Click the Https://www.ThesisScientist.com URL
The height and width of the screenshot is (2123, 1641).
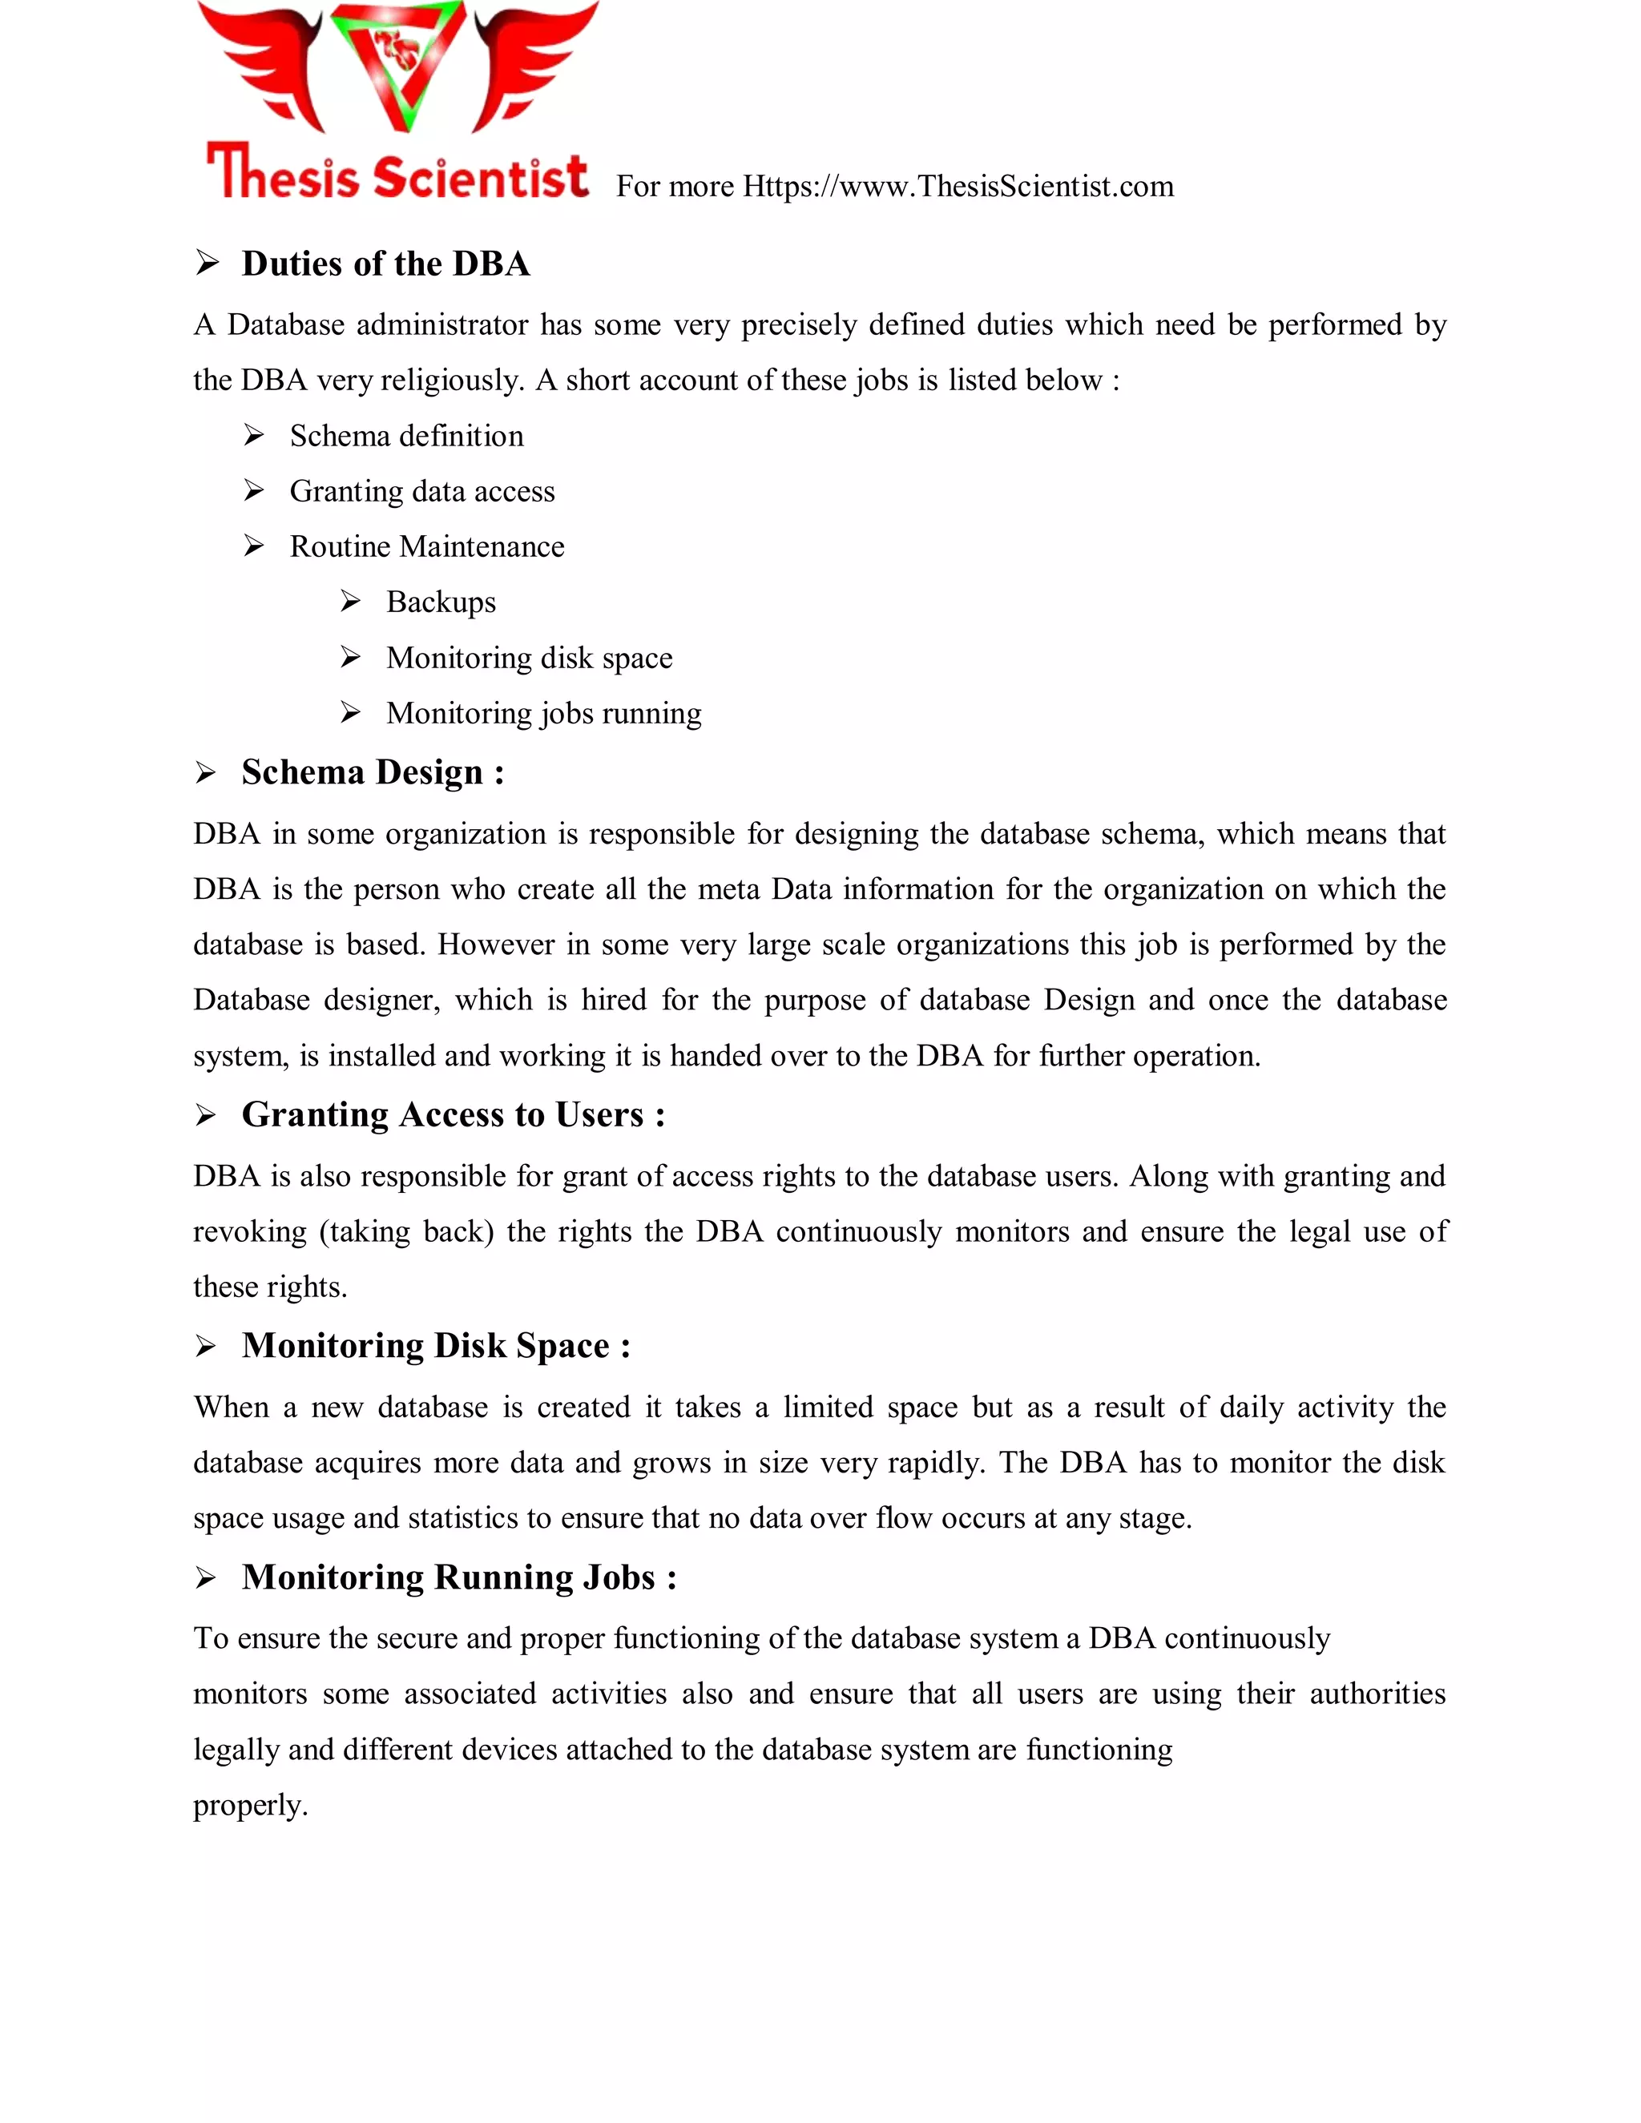pos(958,186)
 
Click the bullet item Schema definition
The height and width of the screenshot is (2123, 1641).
pos(406,436)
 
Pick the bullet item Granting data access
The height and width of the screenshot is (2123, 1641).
pos(422,491)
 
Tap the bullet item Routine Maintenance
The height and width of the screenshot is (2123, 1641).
pos(427,546)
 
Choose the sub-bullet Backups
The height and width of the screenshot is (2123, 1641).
pos(441,602)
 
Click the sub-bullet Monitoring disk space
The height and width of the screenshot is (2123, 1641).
pos(529,658)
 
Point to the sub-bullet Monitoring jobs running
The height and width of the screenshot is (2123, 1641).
pos(543,714)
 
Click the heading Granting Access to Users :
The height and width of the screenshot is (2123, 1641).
pos(453,1114)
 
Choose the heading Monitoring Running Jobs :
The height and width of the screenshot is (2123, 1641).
pos(459,1577)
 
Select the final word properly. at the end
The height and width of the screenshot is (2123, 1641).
pos(250,1805)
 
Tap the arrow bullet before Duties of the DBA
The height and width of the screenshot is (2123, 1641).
pos(206,264)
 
